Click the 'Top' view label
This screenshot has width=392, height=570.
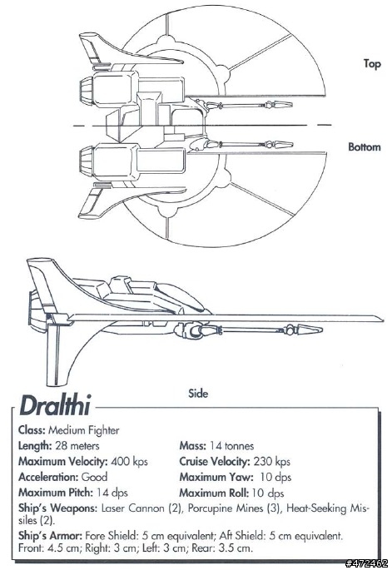[372, 64]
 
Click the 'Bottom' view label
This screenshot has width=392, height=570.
[365, 146]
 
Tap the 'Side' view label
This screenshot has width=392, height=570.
[198, 393]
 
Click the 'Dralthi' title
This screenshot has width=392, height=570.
[55, 405]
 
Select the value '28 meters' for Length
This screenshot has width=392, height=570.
[77, 446]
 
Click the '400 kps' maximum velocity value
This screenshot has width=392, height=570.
[130, 461]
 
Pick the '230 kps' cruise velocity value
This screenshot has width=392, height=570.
[271, 461]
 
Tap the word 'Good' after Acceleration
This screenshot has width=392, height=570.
[94, 477]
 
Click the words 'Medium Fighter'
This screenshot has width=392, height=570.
[83, 430]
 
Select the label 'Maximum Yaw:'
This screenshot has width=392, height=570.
[216, 477]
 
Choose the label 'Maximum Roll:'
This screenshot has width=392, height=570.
[214, 493]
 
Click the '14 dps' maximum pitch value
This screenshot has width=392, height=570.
[112, 493]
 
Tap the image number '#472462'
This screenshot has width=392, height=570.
[366, 563]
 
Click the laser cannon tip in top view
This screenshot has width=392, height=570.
[292, 105]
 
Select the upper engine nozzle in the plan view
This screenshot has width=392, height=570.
[87, 89]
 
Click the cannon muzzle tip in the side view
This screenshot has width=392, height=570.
[322, 330]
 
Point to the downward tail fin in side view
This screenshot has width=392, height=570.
[57, 354]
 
